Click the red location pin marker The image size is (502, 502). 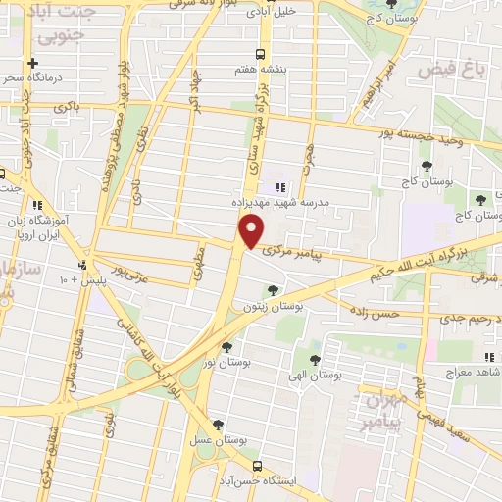[252, 231]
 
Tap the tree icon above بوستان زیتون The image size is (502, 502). [273, 289]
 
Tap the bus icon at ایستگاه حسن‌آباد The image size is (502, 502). [258, 466]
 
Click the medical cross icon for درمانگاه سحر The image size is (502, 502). [33, 63]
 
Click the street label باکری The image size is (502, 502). [67, 106]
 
